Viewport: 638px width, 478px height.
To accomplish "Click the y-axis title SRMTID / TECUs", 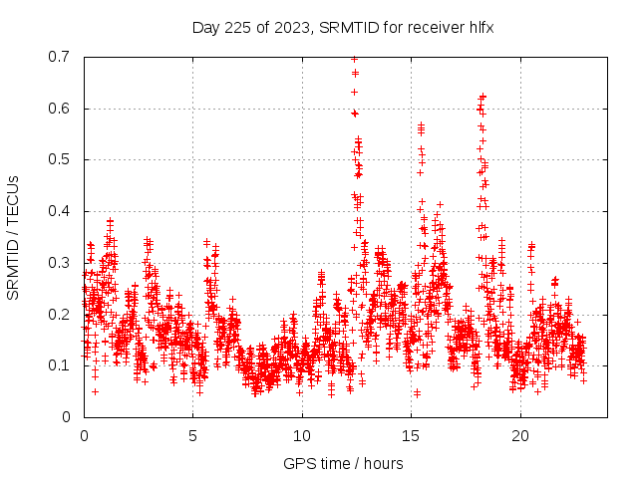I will coord(13,237).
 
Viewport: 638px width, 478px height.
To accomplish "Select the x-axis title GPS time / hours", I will coord(343,463).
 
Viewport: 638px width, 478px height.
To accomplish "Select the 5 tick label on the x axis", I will coord(193,436).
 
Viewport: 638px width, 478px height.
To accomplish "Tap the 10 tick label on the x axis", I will coord(302,436).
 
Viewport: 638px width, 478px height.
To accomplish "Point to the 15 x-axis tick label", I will coord(412,436).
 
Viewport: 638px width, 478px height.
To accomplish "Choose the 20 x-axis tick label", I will coord(520,436).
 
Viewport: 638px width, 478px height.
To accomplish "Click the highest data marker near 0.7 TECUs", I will coord(354,60).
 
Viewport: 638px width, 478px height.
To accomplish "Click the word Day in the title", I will coord(205,27).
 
